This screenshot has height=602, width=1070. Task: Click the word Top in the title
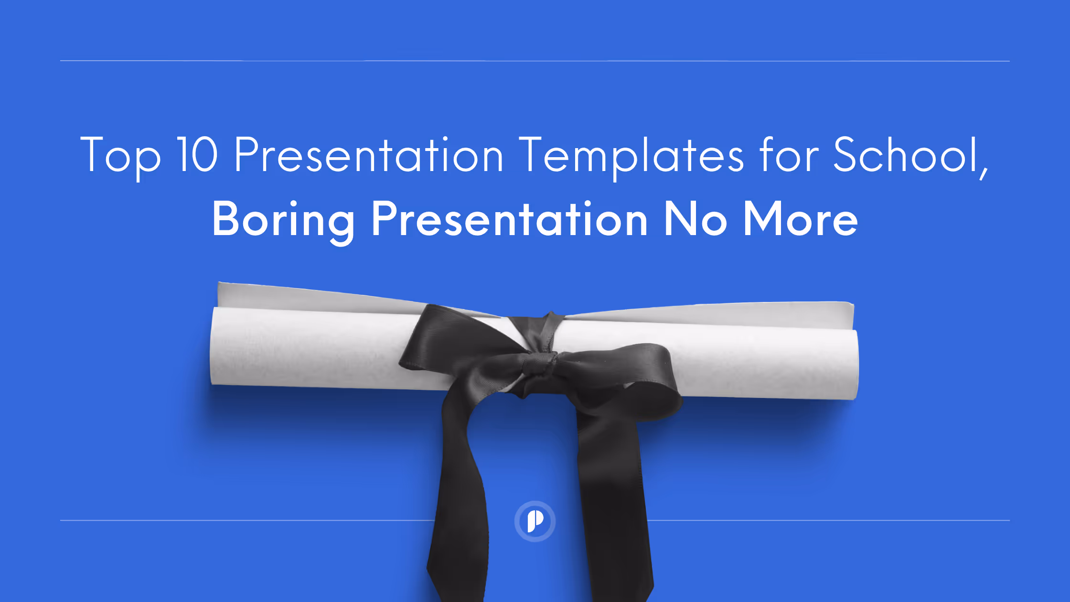[x=120, y=156]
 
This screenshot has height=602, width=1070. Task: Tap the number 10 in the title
[x=197, y=155]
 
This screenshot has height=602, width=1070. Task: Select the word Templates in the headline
[x=631, y=156]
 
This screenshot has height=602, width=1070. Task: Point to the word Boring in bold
[x=283, y=220]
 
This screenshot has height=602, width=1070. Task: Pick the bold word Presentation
[x=509, y=219]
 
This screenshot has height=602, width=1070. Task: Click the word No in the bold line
[x=695, y=219]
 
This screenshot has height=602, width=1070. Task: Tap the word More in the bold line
[x=801, y=219]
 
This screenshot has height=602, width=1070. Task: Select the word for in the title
[x=789, y=155]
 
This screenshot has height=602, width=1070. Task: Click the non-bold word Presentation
[x=369, y=155]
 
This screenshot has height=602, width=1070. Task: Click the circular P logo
[x=535, y=521]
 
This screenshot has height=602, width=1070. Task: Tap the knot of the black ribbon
[x=540, y=365]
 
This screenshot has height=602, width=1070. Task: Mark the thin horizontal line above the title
[x=535, y=61]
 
